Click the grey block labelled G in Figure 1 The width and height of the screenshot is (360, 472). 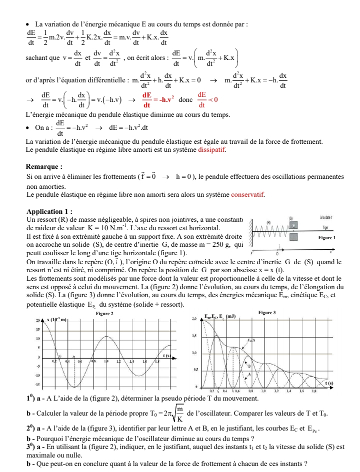pyautogui.click(x=294, y=226)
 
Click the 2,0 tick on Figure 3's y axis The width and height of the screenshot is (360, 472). pyautogui.click(x=193, y=319)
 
